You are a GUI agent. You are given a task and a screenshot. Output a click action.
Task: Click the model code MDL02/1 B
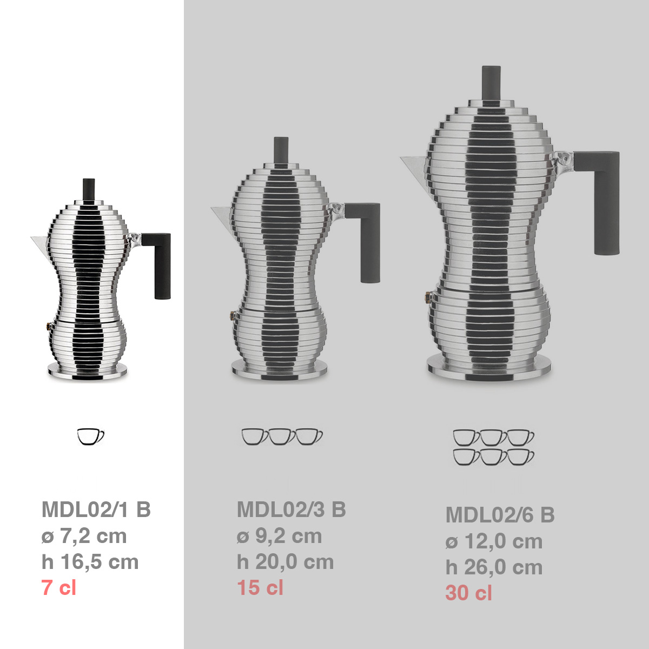(96, 509)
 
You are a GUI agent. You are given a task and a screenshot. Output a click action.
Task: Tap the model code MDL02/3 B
(292, 509)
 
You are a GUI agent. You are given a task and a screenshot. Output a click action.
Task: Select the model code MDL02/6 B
(500, 515)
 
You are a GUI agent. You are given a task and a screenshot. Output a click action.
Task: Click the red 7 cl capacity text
(58, 587)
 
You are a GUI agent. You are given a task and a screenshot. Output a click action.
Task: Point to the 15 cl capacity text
(260, 587)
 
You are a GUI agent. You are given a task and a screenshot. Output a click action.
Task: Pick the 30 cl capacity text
(468, 593)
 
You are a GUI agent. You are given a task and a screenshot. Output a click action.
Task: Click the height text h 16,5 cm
(90, 562)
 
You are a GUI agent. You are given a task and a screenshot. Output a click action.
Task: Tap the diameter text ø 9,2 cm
(279, 536)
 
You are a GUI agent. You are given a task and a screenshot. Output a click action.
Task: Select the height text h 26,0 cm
(494, 567)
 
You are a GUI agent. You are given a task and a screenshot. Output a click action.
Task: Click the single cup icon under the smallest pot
(90, 436)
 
